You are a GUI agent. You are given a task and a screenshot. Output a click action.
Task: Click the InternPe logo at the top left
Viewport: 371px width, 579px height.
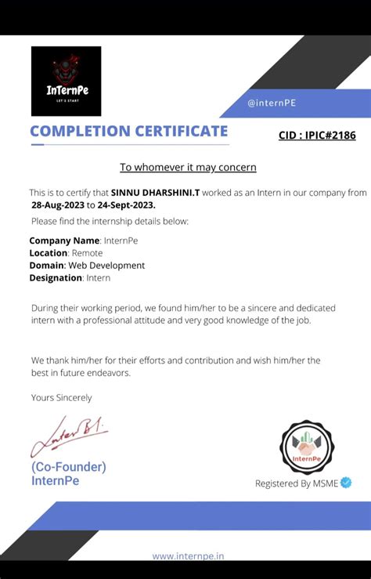tap(66, 81)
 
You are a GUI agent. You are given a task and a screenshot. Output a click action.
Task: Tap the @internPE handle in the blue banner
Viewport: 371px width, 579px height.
tap(271, 103)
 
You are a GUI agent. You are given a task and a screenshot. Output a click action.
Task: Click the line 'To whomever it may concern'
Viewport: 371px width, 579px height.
tap(188, 167)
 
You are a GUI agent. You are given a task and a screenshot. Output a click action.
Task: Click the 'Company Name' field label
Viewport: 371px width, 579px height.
tap(64, 241)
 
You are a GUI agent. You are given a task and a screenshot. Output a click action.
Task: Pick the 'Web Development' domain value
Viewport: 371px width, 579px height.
tap(106, 266)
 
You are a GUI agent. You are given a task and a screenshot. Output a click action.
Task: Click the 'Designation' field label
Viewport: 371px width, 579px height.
tap(57, 278)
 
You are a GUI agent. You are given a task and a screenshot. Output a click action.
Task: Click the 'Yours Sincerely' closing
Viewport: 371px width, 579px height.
tap(62, 398)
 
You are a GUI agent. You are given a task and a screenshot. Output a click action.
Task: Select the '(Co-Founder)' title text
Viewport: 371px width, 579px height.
tap(69, 467)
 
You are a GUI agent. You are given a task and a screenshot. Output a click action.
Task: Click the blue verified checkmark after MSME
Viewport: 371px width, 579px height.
tap(347, 483)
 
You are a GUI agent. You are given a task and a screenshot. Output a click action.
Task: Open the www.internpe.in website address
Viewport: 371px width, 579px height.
tap(188, 556)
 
